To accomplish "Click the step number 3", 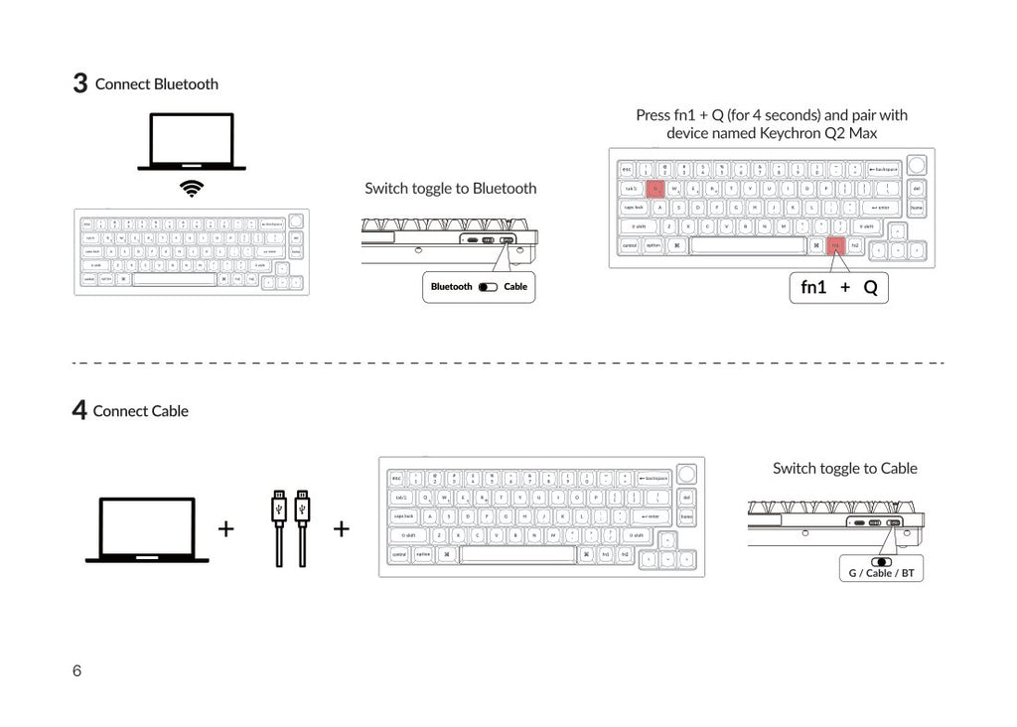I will point(80,83).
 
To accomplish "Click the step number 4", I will point(79,410).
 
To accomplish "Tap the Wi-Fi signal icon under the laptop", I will point(192,189).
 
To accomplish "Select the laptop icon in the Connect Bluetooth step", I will point(192,142).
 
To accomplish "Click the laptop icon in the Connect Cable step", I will point(147,529).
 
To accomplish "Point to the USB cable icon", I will point(290,527).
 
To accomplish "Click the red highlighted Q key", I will point(655,188).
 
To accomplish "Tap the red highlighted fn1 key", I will point(835,244).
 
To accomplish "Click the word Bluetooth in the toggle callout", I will point(452,287).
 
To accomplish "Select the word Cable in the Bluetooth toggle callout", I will point(515,287).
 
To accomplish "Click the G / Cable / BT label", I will point(881,573).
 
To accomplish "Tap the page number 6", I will point(77,670).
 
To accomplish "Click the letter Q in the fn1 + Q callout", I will point(870,288).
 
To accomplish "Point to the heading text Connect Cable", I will point(140,411).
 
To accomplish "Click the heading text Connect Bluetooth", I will point(157,84).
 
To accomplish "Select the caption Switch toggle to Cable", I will point(844,468).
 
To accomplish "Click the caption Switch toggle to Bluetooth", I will point(450,188).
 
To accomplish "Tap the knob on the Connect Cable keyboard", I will point(686,473).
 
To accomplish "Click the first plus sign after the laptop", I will point(225,528).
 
